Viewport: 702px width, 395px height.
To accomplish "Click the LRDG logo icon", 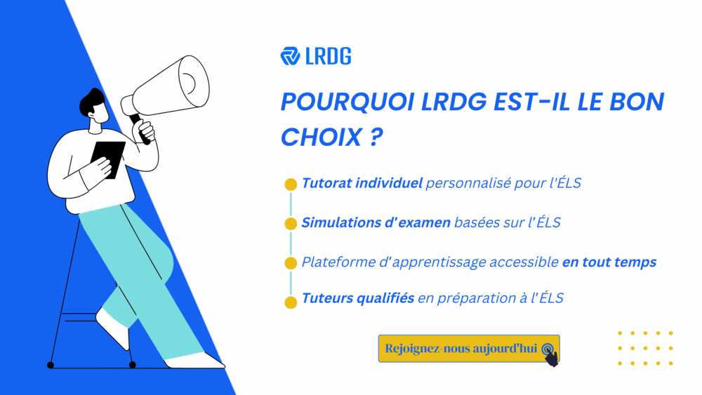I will pyautogui.click(x=290, y=56).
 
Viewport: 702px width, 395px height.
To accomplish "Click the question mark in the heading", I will pyautogui.click(x=375, y=137).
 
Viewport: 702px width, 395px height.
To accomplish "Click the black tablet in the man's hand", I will pyautogui.click(x=108, y=158).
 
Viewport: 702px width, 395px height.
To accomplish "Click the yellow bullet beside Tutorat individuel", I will pyautogui.click(x=291, y=185).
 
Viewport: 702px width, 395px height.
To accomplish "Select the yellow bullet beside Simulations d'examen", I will pyautogui.click(x=291, y=224).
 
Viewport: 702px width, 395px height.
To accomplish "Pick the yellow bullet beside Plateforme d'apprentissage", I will pyautogui.click(x=291, y=263).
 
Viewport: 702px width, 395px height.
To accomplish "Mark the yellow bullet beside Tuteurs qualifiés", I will pyautogui.click(x=291, y=302).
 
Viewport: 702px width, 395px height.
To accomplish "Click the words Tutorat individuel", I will pyautogui.click(x=362, y=184).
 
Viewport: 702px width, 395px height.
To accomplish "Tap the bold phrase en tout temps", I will pyautogui.click(x=609, y=262).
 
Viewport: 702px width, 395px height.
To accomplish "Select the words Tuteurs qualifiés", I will pyautogui.click(x=357, y=299).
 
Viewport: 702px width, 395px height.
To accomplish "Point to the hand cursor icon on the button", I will pyautogui.click(x=550, y=353).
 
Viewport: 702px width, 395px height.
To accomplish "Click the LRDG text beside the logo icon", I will pyautogui.click(x=328, y=56).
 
